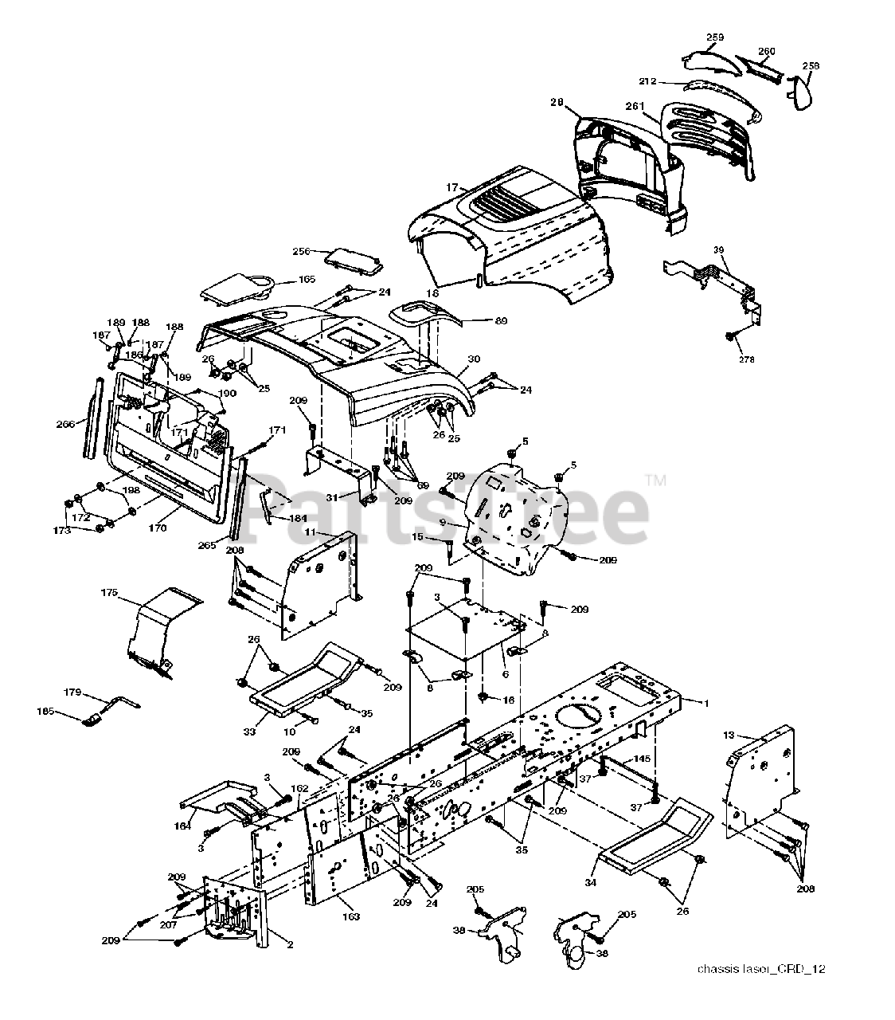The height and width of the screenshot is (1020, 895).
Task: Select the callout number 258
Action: click(x=811, y=66)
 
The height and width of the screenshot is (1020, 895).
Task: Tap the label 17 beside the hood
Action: click(x=452, y=187)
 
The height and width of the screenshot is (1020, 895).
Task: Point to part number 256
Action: click(x=301, y=252)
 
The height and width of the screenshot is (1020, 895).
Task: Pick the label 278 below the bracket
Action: click(x=745, y=359)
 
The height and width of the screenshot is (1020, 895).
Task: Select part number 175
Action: click(x=109, y=592)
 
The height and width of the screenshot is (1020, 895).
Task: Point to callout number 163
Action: click(x=351, y=916)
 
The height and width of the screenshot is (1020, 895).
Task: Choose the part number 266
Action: click(x=65, y=424)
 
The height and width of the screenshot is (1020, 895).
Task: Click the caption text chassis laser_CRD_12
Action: click(x=760, y=969)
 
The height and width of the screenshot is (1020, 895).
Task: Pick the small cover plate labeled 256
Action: click(x=354, y=259)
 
